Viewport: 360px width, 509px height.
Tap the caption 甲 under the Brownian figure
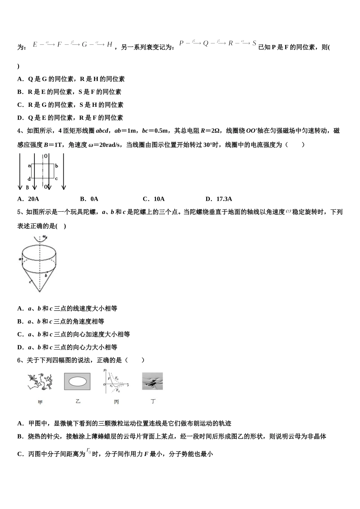pos(40,402)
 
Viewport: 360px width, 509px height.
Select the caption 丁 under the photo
pos(153,401)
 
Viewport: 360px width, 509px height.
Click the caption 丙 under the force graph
pos(116,402)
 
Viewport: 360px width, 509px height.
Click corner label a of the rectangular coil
pos(29,166)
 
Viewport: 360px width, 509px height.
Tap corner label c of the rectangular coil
pos(56,178)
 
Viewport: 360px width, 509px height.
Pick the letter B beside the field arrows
pos(27,187)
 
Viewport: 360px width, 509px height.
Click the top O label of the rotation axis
pos(45,156)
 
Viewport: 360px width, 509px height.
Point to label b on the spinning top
pos(45,275)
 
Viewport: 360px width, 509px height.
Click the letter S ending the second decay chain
pos(255,43)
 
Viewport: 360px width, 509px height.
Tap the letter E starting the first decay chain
pos(35,45)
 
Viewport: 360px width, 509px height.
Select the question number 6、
pos(22,360)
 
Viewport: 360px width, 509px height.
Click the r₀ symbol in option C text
pos(89,451)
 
